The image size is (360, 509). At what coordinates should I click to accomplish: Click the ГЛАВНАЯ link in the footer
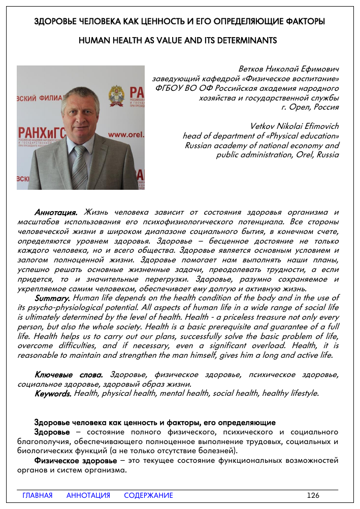pos(38,495)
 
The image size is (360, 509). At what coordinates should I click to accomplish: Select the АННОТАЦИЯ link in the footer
pos(88,495)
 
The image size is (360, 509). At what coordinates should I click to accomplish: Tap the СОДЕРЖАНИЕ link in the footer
pos(148,495)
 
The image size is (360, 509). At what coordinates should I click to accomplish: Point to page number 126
pos(313,495)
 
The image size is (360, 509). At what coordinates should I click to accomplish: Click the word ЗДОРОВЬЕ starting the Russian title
pos(56,22)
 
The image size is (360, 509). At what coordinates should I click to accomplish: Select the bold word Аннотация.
pos(56,212)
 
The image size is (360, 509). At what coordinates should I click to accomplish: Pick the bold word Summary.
pos(52,298)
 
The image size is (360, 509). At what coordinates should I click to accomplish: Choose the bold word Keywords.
pos(53,393)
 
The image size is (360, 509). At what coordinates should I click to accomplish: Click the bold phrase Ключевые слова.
pos(69,375)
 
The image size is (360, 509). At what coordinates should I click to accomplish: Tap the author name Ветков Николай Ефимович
pos(288,69)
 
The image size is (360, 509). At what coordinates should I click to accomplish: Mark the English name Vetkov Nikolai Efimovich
pos(294,126)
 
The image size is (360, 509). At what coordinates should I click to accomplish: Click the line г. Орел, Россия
pos(310,107)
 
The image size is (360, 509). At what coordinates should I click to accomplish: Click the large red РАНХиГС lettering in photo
pos(41,132)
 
